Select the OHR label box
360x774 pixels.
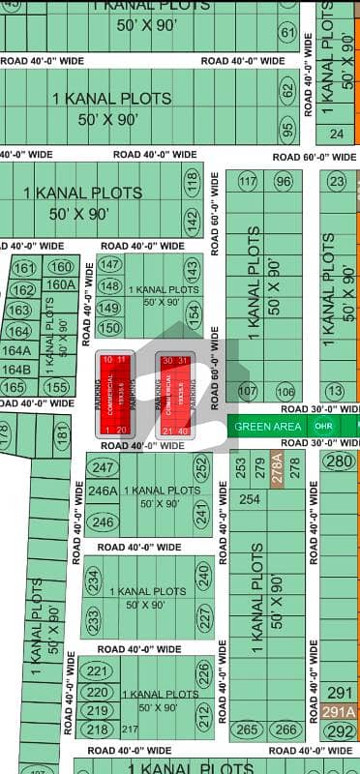point(326,427)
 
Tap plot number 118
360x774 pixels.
point(192,180)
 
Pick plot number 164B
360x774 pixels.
point(16,369)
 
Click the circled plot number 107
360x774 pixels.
point(248,392)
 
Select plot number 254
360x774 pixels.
point(251,499)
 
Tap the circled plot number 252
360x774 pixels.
point(202,467)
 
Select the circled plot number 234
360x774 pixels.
point(94,580)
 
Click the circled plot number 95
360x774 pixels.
point(287,126)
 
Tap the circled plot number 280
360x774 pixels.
point(339,461)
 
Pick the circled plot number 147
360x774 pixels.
point(109,264)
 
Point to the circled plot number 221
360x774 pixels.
point(95,671)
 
